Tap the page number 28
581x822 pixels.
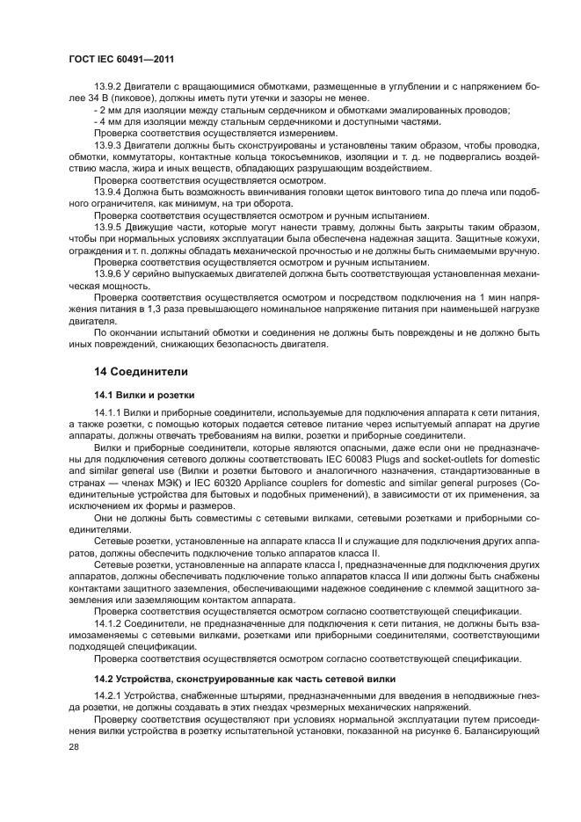[73, 746]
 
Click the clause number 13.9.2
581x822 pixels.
[108, 87]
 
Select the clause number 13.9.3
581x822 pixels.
[108, 144]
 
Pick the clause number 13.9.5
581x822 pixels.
[108, 227]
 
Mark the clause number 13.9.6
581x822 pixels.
[108, 273]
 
